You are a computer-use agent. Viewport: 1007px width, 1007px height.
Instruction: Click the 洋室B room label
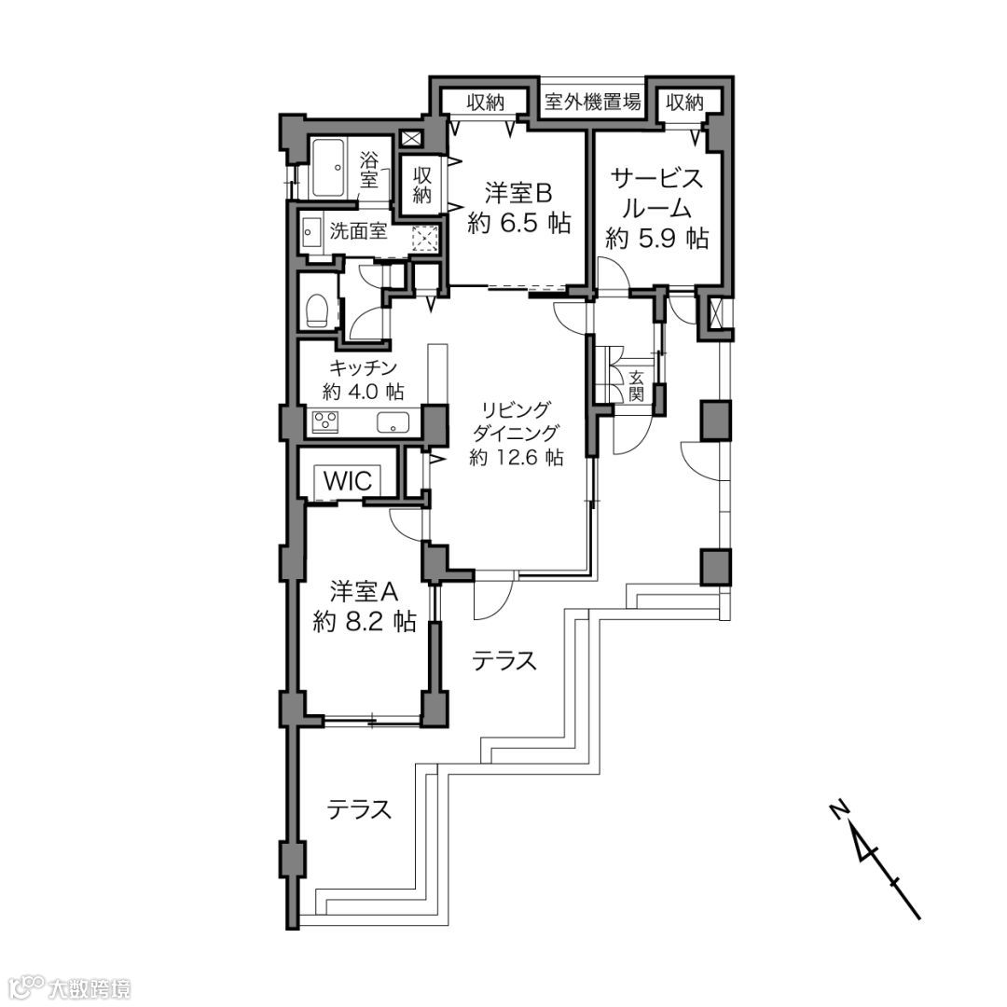point(519,192)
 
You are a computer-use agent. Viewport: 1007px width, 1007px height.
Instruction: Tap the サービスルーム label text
point(657,193)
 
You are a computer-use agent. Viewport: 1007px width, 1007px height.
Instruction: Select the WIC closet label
point(348,480)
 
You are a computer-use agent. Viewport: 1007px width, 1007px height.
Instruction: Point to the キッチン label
point(364,368)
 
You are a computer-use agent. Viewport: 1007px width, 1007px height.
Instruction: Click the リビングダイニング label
point(516,421)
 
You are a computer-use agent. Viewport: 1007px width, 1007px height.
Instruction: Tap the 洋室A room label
point(365,591)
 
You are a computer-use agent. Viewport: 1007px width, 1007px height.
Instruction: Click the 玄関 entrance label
point(636,385)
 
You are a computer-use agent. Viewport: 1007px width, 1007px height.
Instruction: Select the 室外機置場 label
point(592,102)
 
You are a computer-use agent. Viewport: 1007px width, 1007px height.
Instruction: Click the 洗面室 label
point(358,231)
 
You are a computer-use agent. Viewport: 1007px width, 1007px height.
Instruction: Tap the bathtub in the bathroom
point(334,168)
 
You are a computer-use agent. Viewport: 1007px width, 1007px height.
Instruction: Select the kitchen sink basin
point(393,423)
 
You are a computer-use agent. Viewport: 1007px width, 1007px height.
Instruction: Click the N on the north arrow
point(838,811)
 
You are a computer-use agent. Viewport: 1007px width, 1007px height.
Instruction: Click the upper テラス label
point(504,660)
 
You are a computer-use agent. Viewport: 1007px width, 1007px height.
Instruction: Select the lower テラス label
point(360,809)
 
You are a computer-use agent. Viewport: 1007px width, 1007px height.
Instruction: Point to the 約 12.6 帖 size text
point(516,457)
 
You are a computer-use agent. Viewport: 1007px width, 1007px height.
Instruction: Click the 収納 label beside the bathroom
point(422,185)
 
